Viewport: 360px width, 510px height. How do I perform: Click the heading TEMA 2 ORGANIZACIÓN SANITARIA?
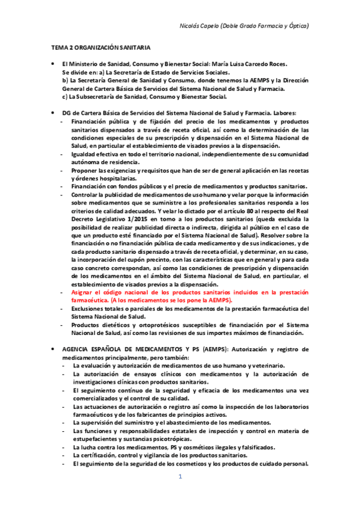click(100, 46)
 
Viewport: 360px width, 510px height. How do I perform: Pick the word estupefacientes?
click(96, 439)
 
